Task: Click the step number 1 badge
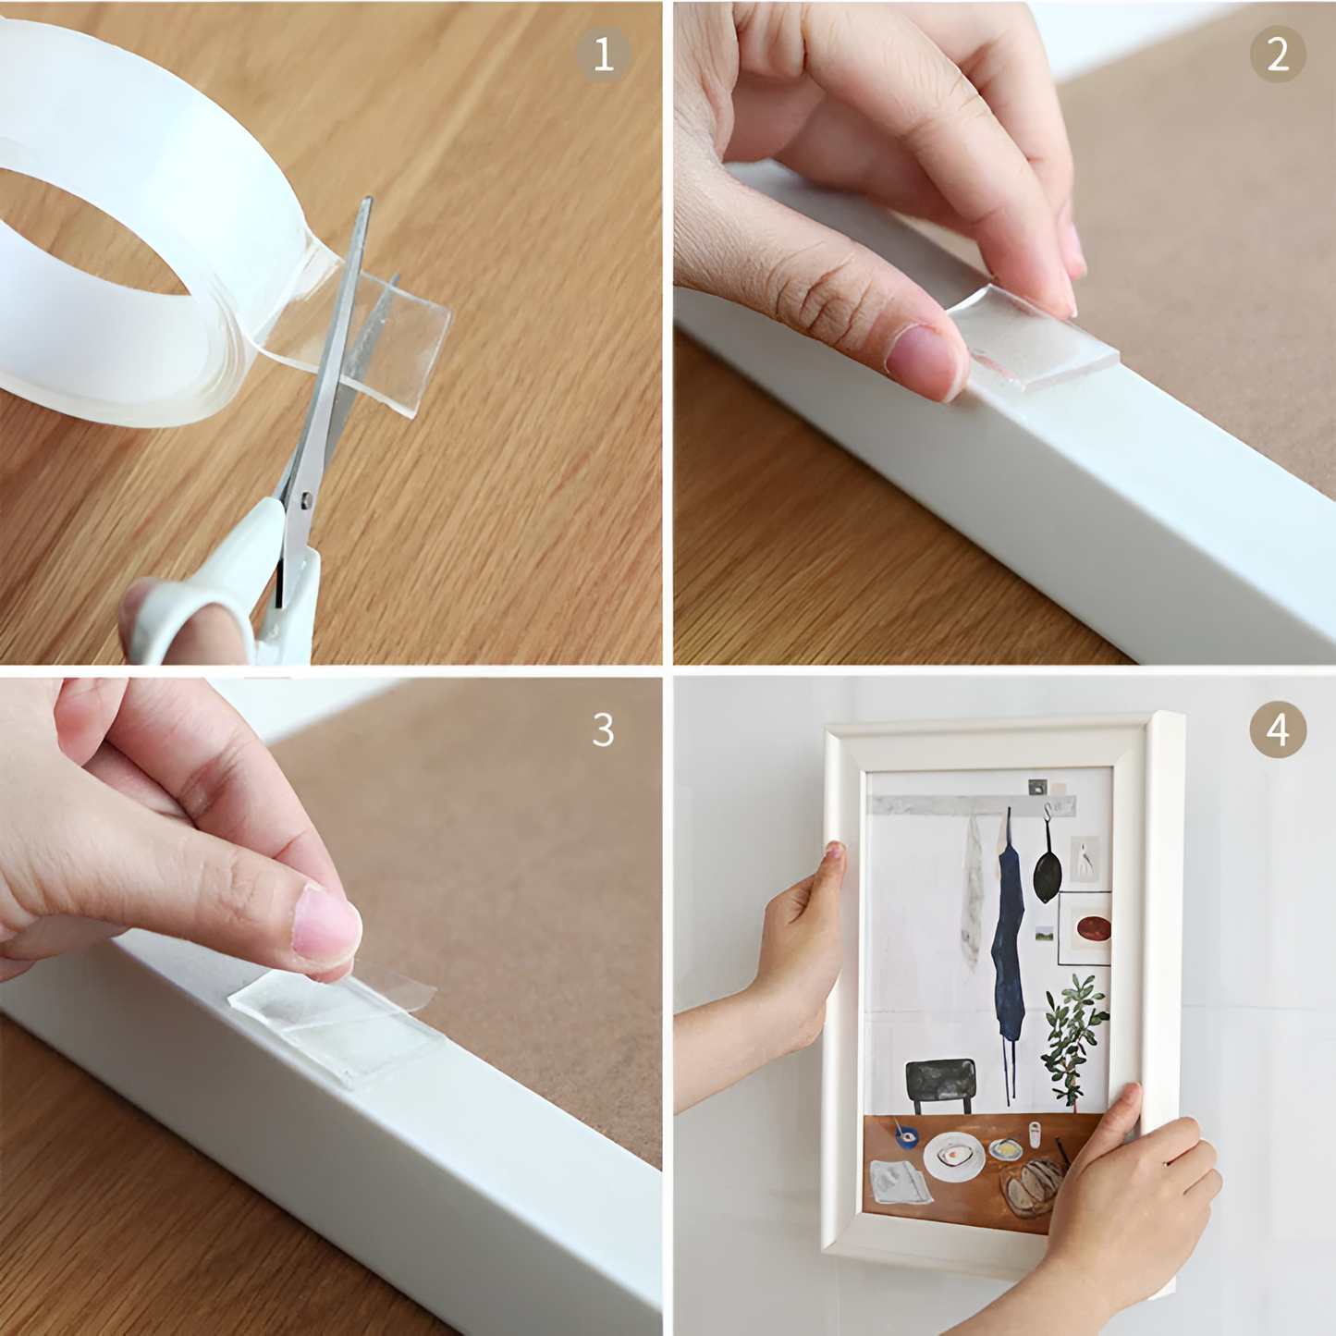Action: click(604, 55)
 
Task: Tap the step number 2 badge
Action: click(1278, 55)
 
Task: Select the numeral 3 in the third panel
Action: click(603, 730)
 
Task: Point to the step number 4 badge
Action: click(1278, 730)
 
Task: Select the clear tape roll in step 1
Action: click(139, 231)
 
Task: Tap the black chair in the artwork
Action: click(940, 1082)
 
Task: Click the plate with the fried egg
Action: click(954, 1156)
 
